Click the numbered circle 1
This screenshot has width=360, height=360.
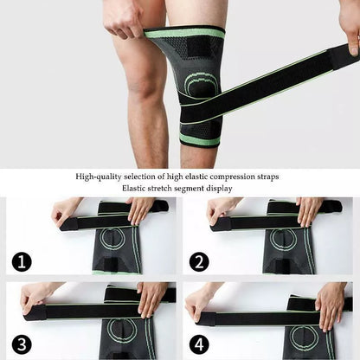[18, 260]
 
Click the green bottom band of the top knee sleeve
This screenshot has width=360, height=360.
[199, 138]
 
